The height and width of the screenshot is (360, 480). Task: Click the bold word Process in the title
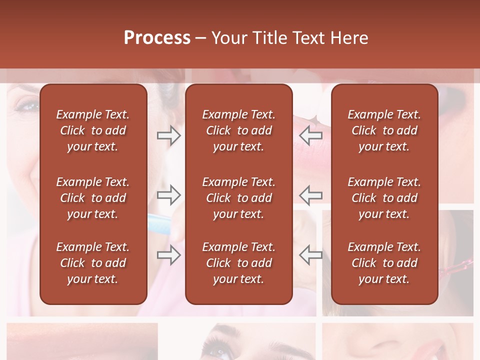coord(157,37)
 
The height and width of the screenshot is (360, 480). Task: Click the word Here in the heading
coord(349,37)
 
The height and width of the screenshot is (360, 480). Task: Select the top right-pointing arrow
coord(168,135)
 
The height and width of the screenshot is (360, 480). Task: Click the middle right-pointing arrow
coord(168,194)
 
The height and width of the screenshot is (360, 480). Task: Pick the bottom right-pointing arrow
coord(168,255)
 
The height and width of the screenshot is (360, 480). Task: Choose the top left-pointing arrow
coord(311,134)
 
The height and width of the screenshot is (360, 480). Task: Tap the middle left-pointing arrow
coord(311,194)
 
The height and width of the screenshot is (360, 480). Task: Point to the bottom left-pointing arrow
coord(311,255)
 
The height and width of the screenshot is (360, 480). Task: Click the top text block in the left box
coord(93,130)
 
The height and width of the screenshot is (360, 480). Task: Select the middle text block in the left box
coord(93,198)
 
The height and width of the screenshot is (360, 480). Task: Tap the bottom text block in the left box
coord(93,263)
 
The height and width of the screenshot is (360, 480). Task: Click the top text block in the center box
coord(239,130)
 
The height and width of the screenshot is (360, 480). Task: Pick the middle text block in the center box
coord(239,198)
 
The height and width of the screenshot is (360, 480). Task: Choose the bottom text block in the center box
coord(239,263)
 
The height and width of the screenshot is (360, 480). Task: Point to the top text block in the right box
coord(384,130)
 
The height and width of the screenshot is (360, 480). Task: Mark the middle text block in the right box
coord(384,198)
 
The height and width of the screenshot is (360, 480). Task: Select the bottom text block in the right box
coord(384,263)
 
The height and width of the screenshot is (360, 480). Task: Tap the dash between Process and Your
coord(200,38)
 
